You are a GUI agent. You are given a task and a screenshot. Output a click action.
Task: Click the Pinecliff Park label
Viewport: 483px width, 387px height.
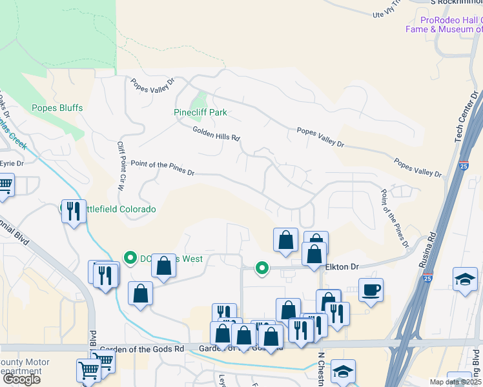pos(201,112)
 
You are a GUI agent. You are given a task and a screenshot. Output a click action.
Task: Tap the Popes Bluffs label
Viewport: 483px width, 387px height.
pos(57,108)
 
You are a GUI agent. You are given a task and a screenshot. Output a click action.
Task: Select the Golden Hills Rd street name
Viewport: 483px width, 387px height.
pos(216,134)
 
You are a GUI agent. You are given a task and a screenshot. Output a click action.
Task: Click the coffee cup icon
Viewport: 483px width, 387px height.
pos(371,290)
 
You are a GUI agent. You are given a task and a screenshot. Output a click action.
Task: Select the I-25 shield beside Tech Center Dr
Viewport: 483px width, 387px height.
pos(464,165)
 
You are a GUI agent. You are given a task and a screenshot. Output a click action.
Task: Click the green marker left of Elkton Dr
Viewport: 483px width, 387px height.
pos(262,267)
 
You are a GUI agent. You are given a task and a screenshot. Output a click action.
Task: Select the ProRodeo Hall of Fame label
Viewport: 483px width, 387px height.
pos(444,25)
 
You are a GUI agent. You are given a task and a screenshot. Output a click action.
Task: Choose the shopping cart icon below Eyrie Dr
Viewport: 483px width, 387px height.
pos(5,185)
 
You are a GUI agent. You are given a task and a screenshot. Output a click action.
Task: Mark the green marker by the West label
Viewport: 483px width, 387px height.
pos(129,259)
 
